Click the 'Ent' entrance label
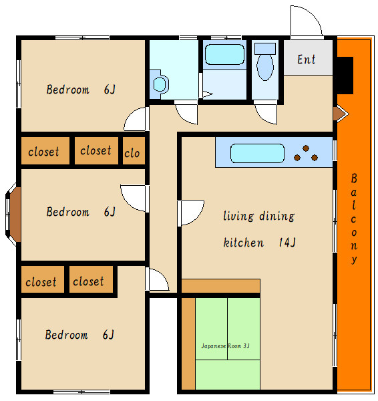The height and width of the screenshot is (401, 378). pyautogui.click(x=306, y=59)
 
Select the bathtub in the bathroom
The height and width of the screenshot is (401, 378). pyautogui.click(x=224, y=54)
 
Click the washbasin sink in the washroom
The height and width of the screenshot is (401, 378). pyautogui.click(x=160, y=84)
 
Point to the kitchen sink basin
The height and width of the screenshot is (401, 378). pyautogui.click(x=257, y=153)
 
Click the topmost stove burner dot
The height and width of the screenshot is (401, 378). pyautogui.click(x=306, y=148)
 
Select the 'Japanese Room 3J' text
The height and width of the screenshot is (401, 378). pyautogui.click(x=225, y=346)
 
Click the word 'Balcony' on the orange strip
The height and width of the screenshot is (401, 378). pyautogui.click(x=354, y=219)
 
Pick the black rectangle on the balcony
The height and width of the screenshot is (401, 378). pyautogui.click(x=345, y=76)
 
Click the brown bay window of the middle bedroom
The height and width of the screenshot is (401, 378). pyautogui.click(x=15, y=215)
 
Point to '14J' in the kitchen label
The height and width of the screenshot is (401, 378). pyautogui.click(x=287, y=242)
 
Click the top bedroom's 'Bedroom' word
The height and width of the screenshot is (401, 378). pyautogui.click(x=68, y=90)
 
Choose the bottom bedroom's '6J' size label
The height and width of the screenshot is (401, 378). pyautogui.click(x=108, y=335)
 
